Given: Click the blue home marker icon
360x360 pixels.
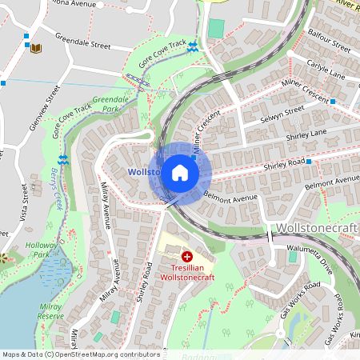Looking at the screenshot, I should pyautogui.click(x=180, y=173).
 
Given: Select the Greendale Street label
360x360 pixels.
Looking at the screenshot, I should pyautogui.click(x=83, y=41).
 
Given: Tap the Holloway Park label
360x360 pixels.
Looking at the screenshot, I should pyautogui.click(x=36, y=250).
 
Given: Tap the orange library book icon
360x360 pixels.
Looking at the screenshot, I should pyautogui.click(x=35, y=49).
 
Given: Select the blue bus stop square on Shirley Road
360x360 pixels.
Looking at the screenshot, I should pyautogui.click(x=308, y=162).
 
